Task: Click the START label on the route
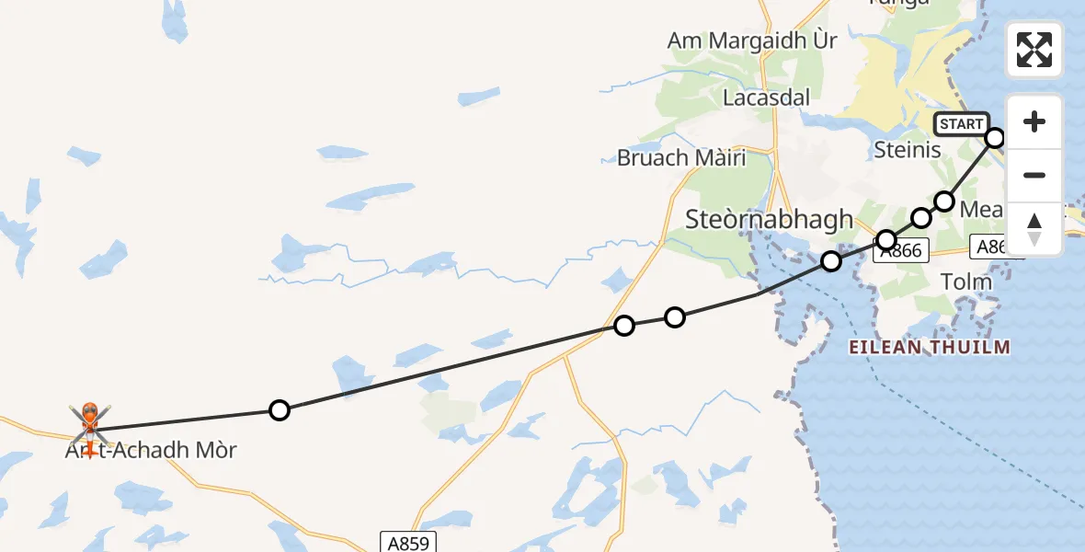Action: click(961, 124)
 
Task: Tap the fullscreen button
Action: click(1034, 50)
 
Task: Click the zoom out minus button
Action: click(1034, 175)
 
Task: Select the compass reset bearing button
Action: click(1034, 228)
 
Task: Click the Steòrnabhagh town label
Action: click(770, 219)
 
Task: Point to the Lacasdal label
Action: click(766, 98)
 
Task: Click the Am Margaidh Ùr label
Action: click(752, 41)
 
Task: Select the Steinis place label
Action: click(908, 149)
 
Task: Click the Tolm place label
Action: click(966, 281)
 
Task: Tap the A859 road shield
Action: click(405, 542)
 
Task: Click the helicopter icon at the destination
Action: click(90, 420)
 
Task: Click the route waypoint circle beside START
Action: click(995, 138)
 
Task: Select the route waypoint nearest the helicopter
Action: click(280, 410)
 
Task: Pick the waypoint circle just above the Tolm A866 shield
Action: click(886, 240)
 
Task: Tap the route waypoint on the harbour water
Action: click(831, 261)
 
